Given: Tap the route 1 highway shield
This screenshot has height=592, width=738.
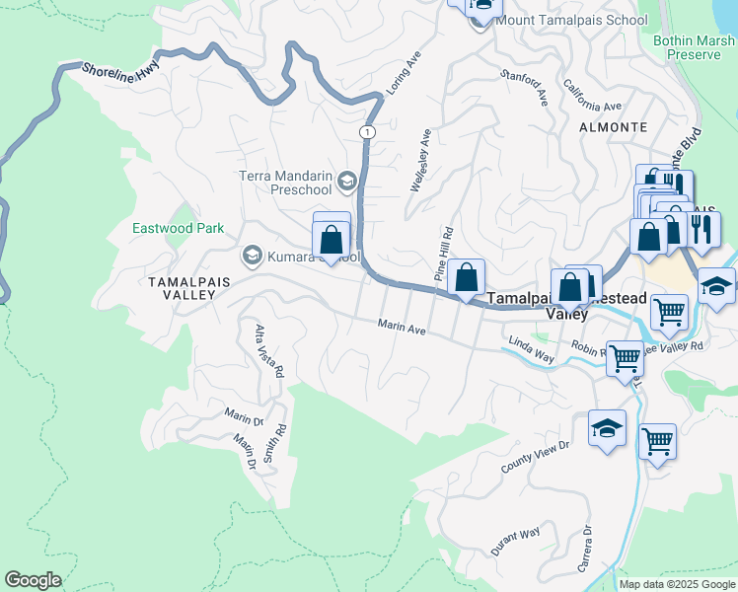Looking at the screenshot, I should (367, 131).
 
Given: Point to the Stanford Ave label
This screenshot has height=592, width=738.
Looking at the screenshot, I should (525, 86).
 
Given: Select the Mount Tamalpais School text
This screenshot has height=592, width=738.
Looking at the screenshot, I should (559, 20).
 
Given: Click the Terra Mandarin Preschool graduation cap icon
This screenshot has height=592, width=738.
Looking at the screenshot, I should (346, 181).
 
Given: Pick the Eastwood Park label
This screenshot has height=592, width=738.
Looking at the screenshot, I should (179, 228).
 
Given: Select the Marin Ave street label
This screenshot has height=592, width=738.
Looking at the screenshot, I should (401, 327).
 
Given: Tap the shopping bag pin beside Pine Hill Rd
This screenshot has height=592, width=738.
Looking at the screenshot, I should (468, 279).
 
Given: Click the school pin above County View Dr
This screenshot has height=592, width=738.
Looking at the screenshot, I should (608, 429).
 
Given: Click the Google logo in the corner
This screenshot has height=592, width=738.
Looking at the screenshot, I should (33, 580).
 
